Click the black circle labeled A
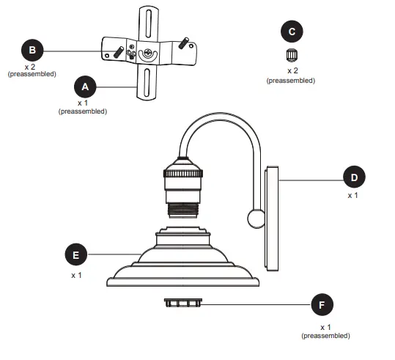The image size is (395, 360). pos(85,87)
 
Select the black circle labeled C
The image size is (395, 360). pos(292,32)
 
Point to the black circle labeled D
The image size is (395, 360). pos(354,178)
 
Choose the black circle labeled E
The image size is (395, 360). pos(75,254)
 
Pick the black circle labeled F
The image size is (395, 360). pos(321,305)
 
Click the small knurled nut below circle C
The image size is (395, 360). pos(291,54)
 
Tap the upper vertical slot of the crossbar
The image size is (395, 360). pos(147,20)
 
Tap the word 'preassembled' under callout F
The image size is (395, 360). pos(325,336)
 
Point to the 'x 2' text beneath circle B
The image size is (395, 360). pos(32,67)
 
